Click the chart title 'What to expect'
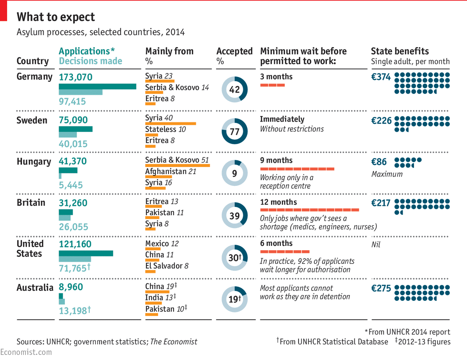(x=56, y=17)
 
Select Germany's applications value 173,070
(x=76, y=77)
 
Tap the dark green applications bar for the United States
(x=86, y=253)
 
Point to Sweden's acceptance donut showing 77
(x=234, y=132)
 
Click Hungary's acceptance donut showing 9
(x=234, y=173)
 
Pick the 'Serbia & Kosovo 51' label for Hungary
(x=177, y=160)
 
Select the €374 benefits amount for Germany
(x=381, y=77)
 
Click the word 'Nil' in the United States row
(x=376, y=245)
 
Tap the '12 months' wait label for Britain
(x=279, y=202)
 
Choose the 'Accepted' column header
(x=234, y=51)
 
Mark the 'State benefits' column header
(x=400, y=51)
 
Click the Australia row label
(x=35, y=287)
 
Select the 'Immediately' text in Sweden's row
(x=282, y=119)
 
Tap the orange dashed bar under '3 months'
(x=272, y=85)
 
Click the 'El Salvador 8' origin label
(x=167, y=266)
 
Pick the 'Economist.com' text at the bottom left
(x=26, y=352)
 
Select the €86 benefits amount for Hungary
(x=379, y=162)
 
